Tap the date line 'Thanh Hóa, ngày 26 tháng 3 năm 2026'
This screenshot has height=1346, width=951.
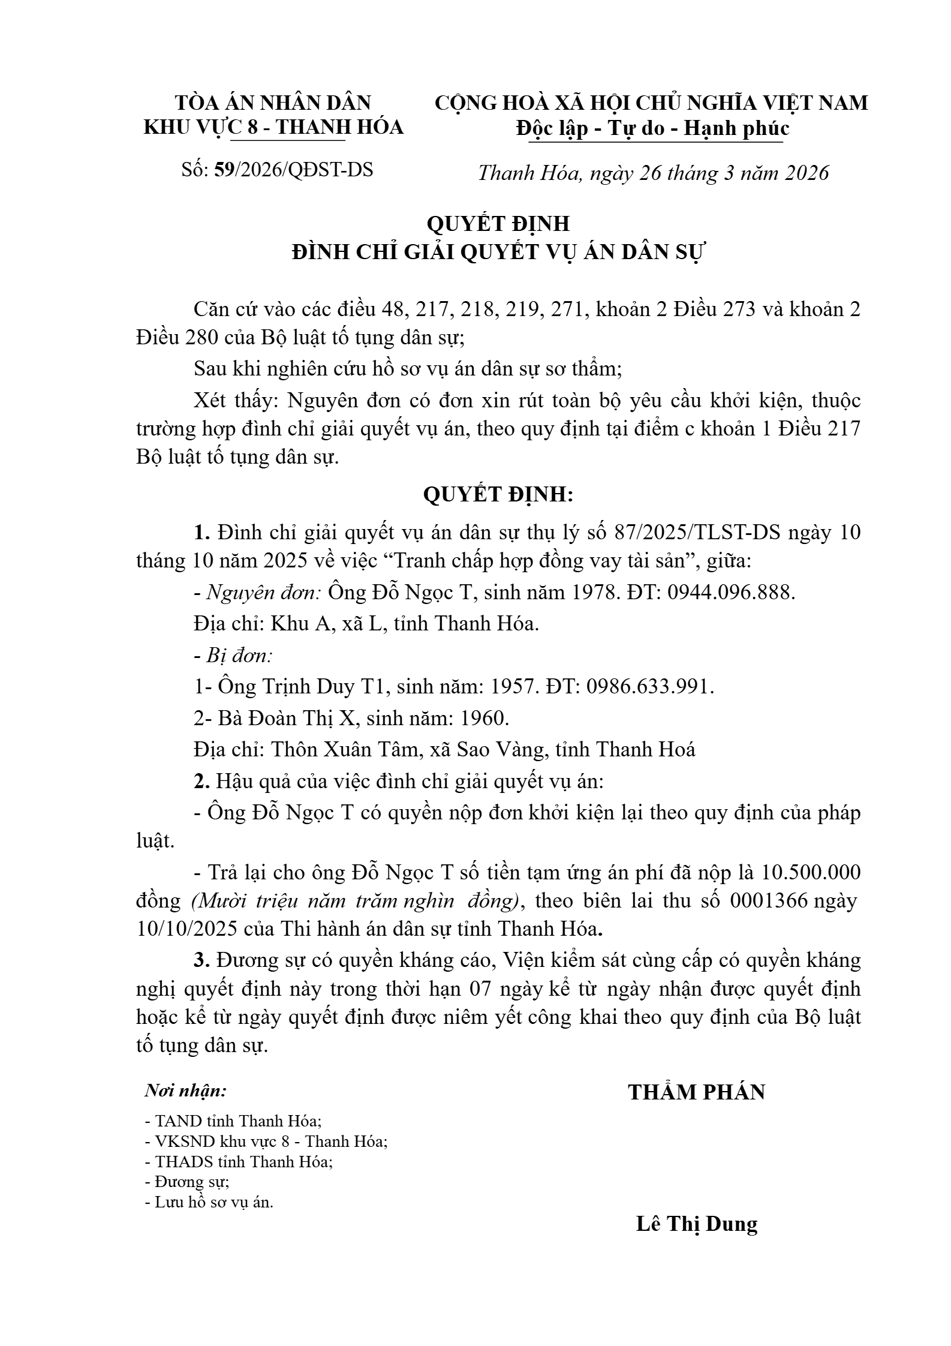coord(653,173)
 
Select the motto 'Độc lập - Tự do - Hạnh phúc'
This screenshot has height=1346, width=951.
coord(653,128)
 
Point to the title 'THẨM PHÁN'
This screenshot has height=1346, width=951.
coord(697,1092)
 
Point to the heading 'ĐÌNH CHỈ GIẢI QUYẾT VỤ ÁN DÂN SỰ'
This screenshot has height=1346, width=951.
coord(497,253)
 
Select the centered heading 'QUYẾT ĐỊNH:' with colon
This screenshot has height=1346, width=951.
coord(498,495)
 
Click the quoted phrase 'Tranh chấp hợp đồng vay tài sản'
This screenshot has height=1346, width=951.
coord(539,561)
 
